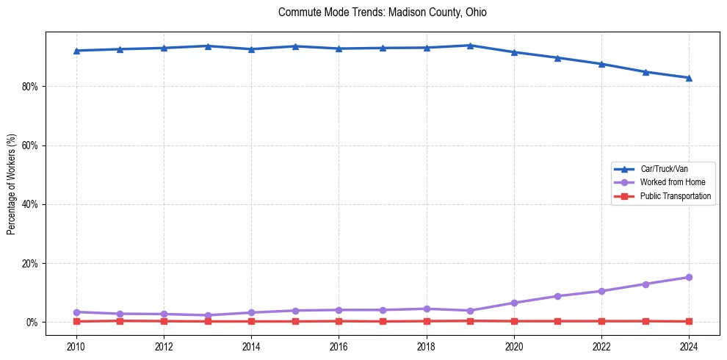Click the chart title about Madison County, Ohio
tap(382, 12)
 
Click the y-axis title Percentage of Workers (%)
tap(12, 184)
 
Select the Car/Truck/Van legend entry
tap(664, 169)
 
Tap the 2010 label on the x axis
tap(76, 347)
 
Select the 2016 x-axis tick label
tap(339, 347)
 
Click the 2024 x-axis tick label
tap(689, 347)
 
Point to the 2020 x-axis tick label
tap(514, 347)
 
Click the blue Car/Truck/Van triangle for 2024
tap(689, 78)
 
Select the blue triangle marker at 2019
tap(470, 46)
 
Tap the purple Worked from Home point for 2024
tap(689, 277)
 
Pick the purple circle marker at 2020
tap(514, 303)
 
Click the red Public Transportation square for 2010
tap(76, 321)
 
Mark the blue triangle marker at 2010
tap(76, 51)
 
